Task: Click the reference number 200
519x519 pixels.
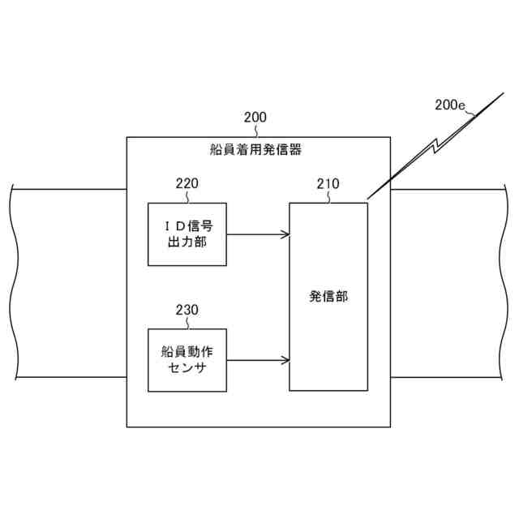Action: click(x=255, y=117)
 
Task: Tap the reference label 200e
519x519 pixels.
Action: click(x=450, y=105)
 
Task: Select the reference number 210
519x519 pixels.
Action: click(x=328, y=183)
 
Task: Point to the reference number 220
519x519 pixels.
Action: click(x=187, y=183)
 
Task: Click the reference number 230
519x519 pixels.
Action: click(x=187, y=310)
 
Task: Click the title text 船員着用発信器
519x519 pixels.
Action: click(x=256, y=149)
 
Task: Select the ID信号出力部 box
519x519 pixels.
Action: click(x=187, y=234)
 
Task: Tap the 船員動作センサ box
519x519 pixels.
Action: click(x=187, y=360)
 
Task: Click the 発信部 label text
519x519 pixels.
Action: click(x=328, y=297)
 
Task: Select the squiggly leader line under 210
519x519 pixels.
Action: click(x=328, y=196)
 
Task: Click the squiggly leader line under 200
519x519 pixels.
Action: click(x=255, y=130)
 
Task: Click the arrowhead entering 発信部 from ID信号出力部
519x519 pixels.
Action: click(x=285, y=234)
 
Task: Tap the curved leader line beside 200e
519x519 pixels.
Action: click(x=471, y=114)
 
